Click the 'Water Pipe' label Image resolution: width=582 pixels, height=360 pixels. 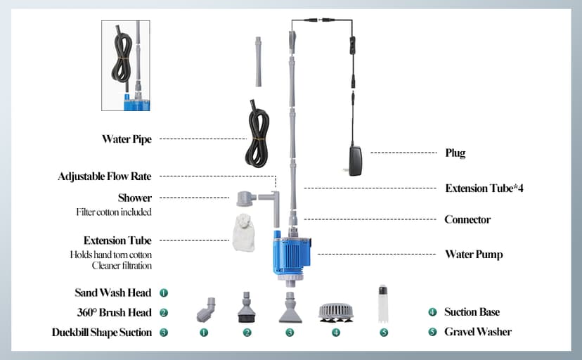pos(126,139)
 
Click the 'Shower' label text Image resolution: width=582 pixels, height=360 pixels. pos(134,198)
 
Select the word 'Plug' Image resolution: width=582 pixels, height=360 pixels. pos(455,153)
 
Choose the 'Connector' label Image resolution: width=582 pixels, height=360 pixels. pos(467,219)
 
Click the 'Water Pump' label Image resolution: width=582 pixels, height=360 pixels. pos(474,254)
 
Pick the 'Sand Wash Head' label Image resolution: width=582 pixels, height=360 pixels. pos(113,292)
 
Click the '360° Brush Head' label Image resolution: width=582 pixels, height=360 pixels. pos(114,312)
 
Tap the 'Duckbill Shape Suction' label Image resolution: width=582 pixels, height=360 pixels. pos(101,332)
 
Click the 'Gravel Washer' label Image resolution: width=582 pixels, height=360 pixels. pos(477,332)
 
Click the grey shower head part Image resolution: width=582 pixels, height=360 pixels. pos(248,200)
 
